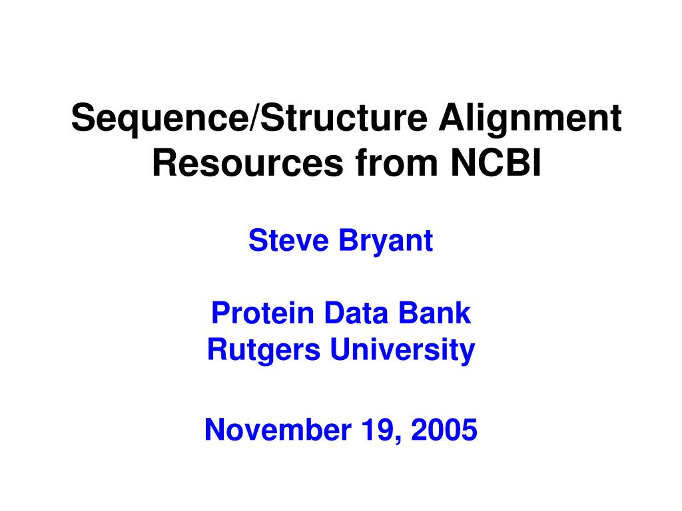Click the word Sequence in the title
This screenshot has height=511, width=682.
[x=159, y=120]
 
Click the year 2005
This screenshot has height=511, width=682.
[x=444, y=430]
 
